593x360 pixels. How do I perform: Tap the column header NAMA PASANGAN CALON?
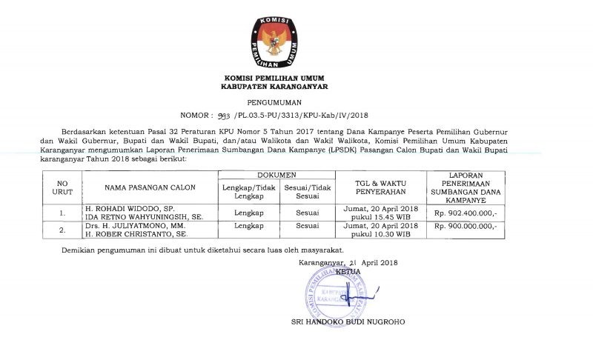pos(139,188)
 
